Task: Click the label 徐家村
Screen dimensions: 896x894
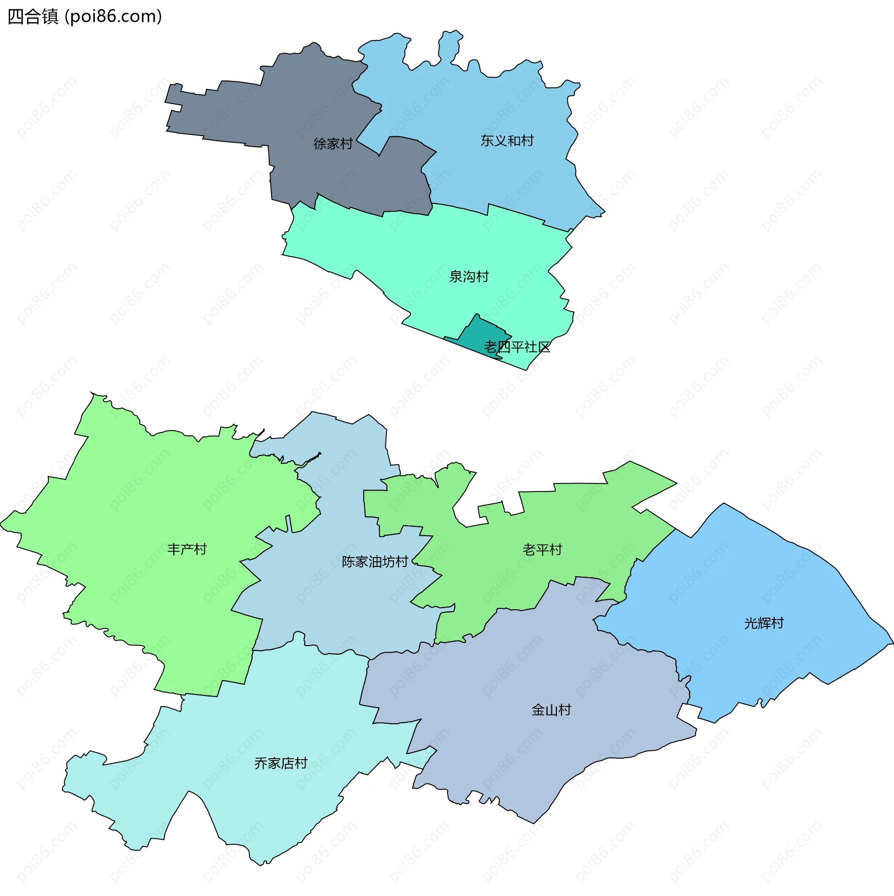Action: (333, 144)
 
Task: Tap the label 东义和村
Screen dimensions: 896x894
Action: (507, 141)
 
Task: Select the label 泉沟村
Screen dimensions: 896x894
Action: (469, 277)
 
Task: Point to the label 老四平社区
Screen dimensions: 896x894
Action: (517, 347)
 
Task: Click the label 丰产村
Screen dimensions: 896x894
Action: (187, 550)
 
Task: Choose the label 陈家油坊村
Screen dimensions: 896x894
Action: (375, 562)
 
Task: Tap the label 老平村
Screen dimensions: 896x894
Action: (542, 550)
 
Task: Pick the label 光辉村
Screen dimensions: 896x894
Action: (764, 623)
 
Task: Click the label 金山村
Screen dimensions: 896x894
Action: (551, 710)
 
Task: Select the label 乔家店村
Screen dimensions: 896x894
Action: (281, 764)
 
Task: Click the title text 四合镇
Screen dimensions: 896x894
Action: (33, 17)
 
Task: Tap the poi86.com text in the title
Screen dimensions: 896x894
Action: (113, 17)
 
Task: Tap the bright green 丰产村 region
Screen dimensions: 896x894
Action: (140, 512)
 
